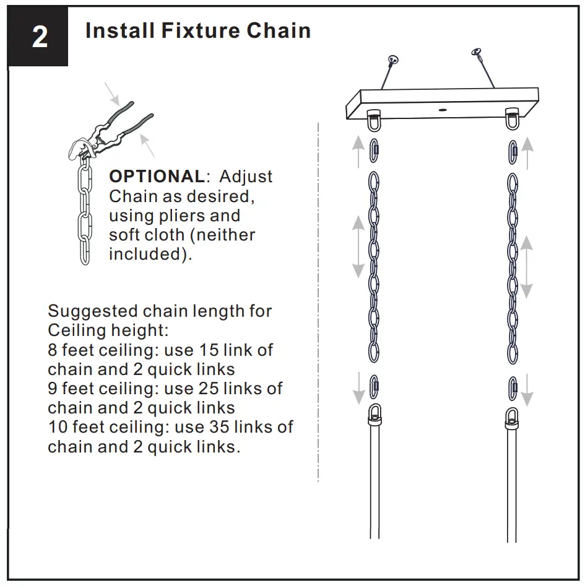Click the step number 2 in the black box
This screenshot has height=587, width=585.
pos(39,37)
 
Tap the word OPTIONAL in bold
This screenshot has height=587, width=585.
pos(156,176)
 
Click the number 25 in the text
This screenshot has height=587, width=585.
pos(212,389)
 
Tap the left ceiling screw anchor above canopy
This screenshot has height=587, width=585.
pos(392,60)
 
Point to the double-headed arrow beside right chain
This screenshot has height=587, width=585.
pos(527,267)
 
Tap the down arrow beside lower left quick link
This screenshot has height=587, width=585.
pos(358,388)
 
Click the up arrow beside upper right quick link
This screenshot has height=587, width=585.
pos(527,154)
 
